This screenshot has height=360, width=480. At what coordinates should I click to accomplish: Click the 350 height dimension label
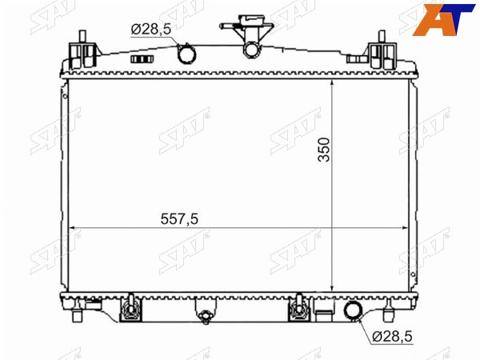(324, 150)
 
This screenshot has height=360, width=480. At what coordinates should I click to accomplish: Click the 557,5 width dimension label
(179, 219)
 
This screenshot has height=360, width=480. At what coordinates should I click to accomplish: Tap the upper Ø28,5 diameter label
(151, 30)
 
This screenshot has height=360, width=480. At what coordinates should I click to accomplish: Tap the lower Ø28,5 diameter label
(393, 337)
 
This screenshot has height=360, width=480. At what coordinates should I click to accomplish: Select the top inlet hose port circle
(187, 54)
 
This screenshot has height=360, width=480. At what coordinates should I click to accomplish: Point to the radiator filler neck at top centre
(250, 35)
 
